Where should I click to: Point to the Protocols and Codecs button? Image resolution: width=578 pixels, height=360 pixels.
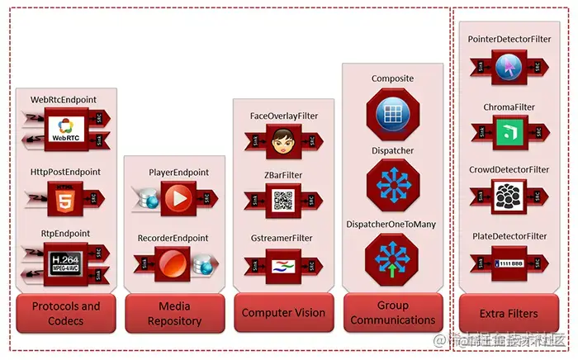coord(66,312)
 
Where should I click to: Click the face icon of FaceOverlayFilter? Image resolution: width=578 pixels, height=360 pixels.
coord(283,144)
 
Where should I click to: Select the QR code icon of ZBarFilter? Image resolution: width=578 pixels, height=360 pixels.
coord(283,200)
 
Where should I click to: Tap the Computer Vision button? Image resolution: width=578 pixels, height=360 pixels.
coord(283,313)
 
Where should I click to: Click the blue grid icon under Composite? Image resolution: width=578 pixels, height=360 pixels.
coord(392,112)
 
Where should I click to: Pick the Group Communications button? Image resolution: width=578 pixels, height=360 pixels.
coord(393,312)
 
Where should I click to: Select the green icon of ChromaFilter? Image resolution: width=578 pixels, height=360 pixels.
coord(508,130)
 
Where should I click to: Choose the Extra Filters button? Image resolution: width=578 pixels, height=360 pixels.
coord(509,314)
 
